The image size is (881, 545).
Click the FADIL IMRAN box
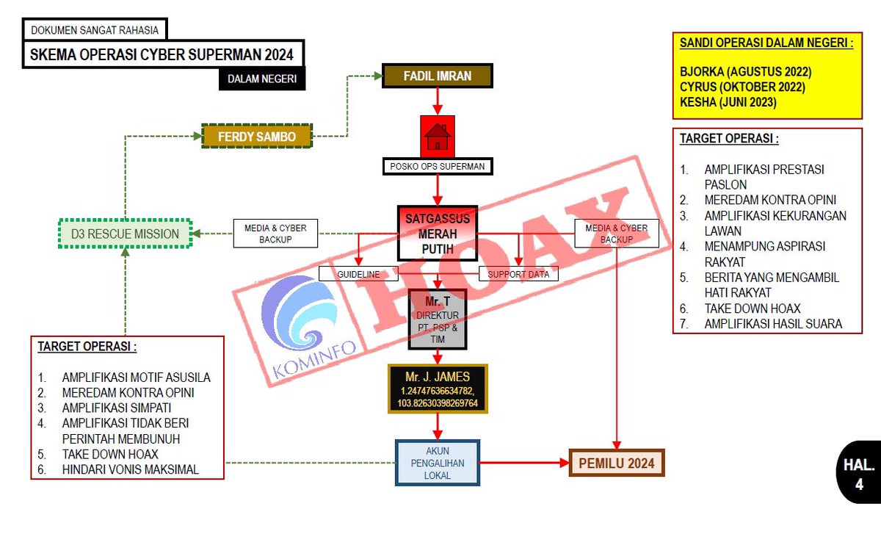click(438, 76)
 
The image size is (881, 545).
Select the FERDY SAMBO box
click(257, 137)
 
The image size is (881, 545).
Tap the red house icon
click(437, 136)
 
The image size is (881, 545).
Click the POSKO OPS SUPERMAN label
click(438, 167)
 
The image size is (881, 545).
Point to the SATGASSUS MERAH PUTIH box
click(438, 233)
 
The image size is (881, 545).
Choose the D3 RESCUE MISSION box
click(125, 234)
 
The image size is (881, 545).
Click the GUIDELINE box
click(358, 274)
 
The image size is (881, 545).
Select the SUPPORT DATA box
click(518, 274)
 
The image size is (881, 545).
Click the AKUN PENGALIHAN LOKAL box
click(438, 463)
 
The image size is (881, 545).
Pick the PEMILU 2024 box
click(617, 463)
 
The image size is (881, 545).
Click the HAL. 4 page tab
click(858, 474)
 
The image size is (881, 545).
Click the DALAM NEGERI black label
click(261, 79)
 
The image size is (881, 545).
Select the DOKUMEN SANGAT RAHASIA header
click(95, 30)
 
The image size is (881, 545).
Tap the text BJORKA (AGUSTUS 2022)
click(745, 72)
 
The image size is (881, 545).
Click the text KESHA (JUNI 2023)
click(728, 103)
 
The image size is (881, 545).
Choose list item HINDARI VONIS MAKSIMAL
click(130, 470)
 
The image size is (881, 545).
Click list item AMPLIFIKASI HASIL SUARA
click(772, 324)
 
